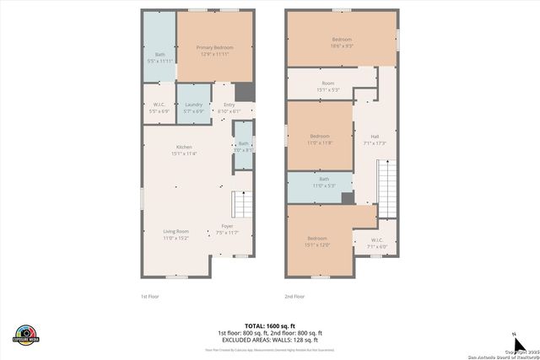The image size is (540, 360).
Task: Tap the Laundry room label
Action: (193, 107)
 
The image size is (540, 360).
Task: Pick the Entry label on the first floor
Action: (229, 107)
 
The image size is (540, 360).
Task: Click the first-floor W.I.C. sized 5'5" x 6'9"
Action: (159, 107)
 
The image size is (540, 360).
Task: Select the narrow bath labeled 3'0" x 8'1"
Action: (243, 145)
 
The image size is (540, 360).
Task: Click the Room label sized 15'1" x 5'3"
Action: (327, 83)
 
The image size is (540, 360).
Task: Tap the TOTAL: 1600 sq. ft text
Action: (269, 325)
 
